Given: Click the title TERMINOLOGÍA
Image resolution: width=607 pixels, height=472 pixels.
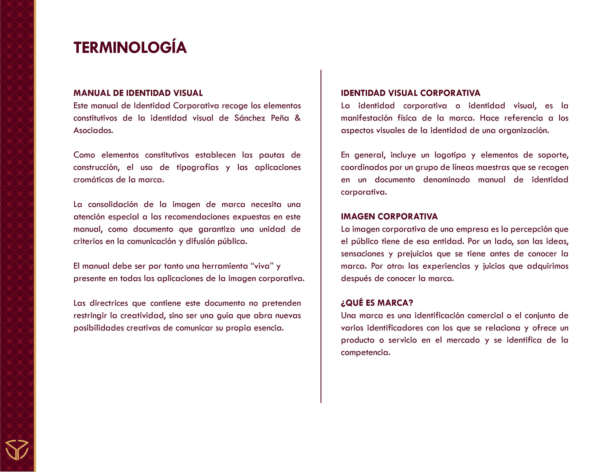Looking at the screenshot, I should pos(130,48).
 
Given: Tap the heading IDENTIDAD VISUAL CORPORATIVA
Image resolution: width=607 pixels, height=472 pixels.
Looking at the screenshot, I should pos(410,93).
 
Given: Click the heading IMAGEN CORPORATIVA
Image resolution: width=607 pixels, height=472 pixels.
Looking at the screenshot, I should pos(389,216).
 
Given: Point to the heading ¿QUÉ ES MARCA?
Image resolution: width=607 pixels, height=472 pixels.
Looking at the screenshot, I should pos(377,303).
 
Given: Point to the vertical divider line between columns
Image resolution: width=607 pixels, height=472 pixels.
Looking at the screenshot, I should pos(321,236).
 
